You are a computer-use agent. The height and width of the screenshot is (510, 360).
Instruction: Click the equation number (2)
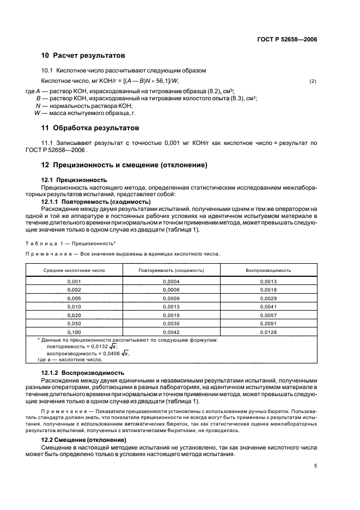click(x=313, y=81)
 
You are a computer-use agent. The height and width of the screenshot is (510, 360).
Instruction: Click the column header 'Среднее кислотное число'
click(x=75, y=270)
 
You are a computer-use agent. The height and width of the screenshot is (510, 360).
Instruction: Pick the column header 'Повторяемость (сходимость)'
click(x=171, y=270)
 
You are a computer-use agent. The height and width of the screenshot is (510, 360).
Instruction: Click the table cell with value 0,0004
click(x=171, y=281)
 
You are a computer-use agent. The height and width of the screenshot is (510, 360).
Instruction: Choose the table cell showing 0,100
click(x=75, y=332)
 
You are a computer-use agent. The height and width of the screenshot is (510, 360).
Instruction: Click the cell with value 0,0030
click(x=171, y=324)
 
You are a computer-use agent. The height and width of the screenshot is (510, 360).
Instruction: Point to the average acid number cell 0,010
click(x=75, y=307)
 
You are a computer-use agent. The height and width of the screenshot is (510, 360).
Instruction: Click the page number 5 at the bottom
click(x=315, y=466)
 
